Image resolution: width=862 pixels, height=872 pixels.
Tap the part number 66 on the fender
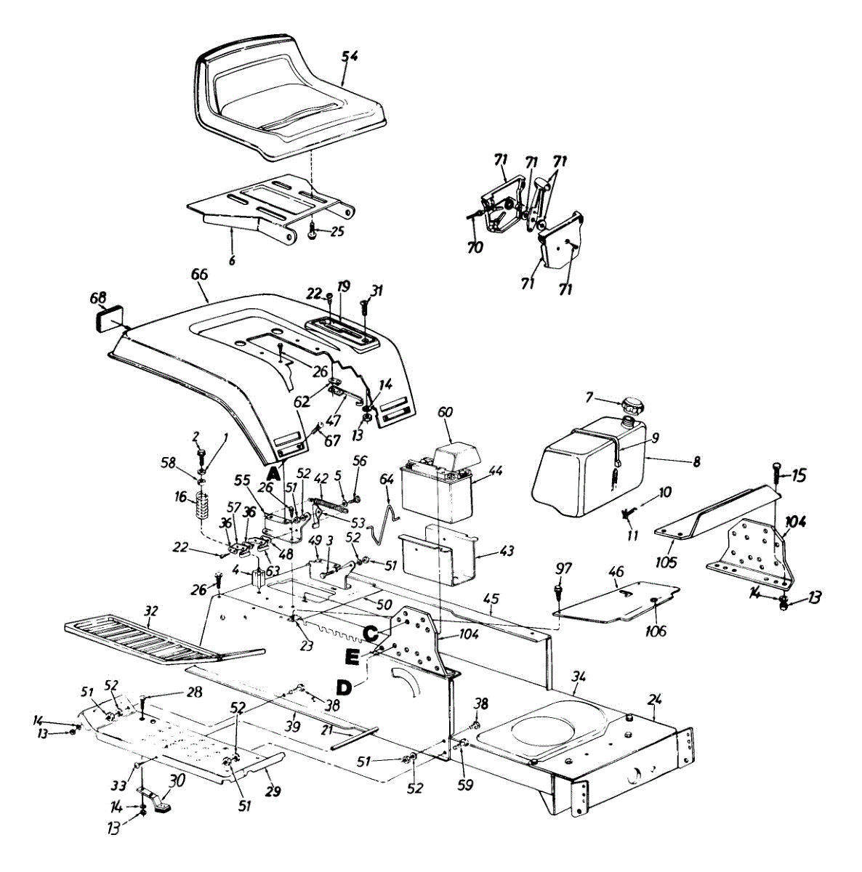click(200, 275)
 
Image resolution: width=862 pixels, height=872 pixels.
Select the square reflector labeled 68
click(108, 319)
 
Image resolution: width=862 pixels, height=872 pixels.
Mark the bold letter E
click(353, 658)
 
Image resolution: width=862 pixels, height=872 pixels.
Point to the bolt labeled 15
click(776, 476)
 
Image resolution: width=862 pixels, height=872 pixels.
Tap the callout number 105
click(666, 562)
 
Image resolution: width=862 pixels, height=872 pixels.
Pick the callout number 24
click(655, 701)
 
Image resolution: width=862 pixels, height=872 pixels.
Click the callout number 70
click(474, 248)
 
